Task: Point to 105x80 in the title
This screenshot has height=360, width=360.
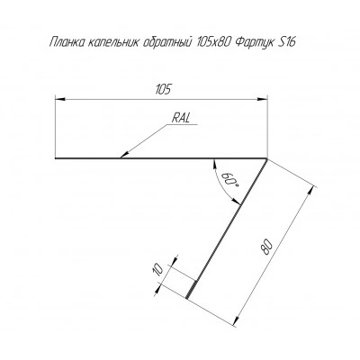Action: coord(213,41)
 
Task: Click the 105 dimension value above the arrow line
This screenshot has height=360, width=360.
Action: coord(163,89)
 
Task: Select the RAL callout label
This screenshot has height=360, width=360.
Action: coord(181,118)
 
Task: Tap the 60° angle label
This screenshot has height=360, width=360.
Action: coord(230,180)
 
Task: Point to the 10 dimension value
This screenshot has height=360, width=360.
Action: coord(158,269)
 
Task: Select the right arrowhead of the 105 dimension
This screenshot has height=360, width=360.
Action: coord(262,98)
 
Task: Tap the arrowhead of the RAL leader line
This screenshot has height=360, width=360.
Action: coord(124,154)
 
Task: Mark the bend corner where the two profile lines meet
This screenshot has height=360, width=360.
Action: coord(267,158)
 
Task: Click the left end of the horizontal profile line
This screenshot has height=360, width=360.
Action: coord(56,157)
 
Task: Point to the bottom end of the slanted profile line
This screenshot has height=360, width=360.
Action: coord(186,298)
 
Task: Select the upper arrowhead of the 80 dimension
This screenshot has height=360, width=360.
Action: coord(312,191)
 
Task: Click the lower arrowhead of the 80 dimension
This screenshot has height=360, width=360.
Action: coord(237,321)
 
